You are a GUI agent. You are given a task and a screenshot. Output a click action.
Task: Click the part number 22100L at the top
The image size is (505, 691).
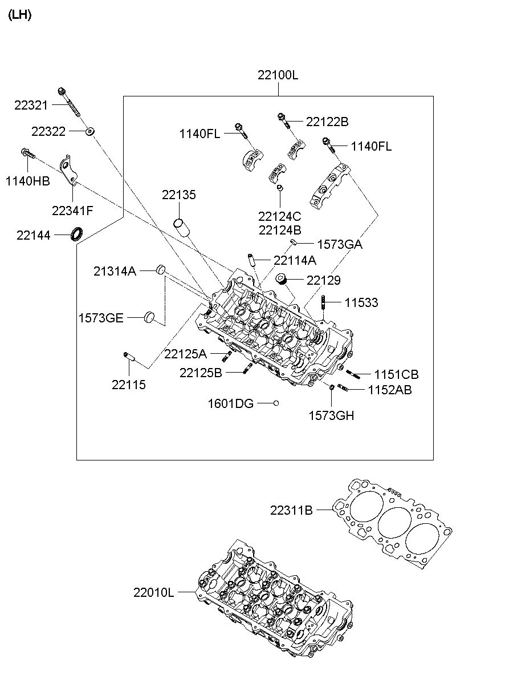tap(278, 75)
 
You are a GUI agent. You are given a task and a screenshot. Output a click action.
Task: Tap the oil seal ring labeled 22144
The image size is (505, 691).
tap(76, 233)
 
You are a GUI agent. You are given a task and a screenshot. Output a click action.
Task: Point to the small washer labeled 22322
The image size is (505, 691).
tap(89, 132)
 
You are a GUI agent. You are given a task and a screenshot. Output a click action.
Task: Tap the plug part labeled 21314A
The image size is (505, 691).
tap(161, 269)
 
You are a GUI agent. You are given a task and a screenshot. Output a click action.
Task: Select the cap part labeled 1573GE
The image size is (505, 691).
tap(150, 317)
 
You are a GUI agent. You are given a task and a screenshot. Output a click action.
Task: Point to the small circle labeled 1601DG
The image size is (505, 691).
tap(276, 403)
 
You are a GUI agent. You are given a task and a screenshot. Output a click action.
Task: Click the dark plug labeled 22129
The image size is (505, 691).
tap(281, 279)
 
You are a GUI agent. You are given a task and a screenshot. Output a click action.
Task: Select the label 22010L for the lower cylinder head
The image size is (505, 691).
tap(153, 592)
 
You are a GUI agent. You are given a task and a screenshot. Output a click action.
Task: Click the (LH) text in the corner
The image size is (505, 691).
tap(19, 15)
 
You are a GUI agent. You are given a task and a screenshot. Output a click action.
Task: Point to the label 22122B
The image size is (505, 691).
tap(327, 122)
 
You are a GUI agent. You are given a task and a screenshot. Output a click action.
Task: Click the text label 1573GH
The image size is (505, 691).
tap(331, 416)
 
